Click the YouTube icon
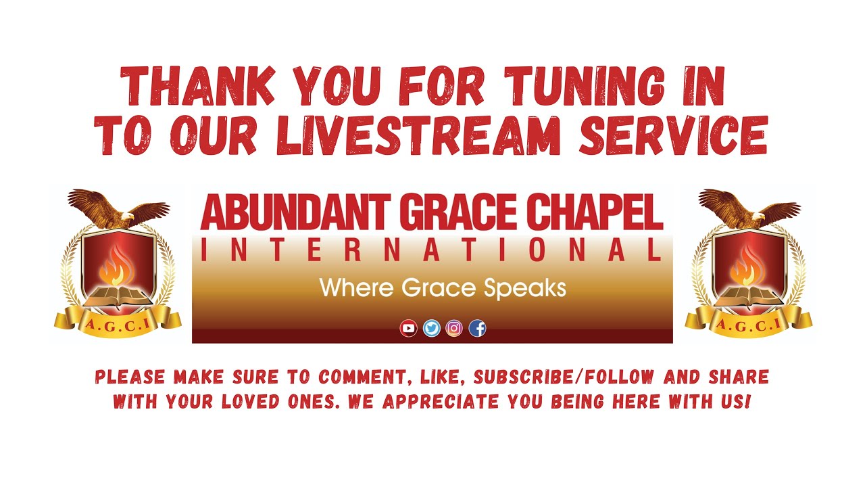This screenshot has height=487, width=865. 408,329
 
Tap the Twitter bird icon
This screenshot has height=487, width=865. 431,329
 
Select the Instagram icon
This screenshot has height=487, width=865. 454,329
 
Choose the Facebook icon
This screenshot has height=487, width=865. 477,329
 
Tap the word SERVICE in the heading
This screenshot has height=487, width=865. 673,135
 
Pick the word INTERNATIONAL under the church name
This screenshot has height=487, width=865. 431,250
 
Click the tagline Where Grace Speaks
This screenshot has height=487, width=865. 443,289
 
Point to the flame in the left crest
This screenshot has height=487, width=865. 116,264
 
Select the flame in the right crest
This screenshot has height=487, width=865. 747,264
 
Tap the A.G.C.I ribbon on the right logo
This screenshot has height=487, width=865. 748,325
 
